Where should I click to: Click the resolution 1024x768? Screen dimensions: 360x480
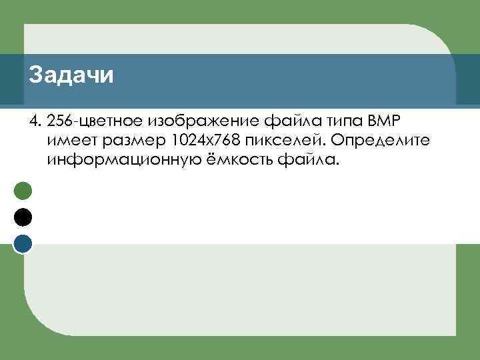pyautogui.click(x=205, y=141)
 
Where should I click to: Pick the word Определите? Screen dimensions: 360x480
pyautogui.click(x=377, y=142)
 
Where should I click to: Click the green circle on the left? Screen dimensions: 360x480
pyautogui.click(x=23, y=191)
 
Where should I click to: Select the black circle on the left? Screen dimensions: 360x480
pyautogui.click(x=23, y=217)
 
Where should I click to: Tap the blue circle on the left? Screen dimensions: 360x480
pyautogui.click(x=23, y=244)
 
